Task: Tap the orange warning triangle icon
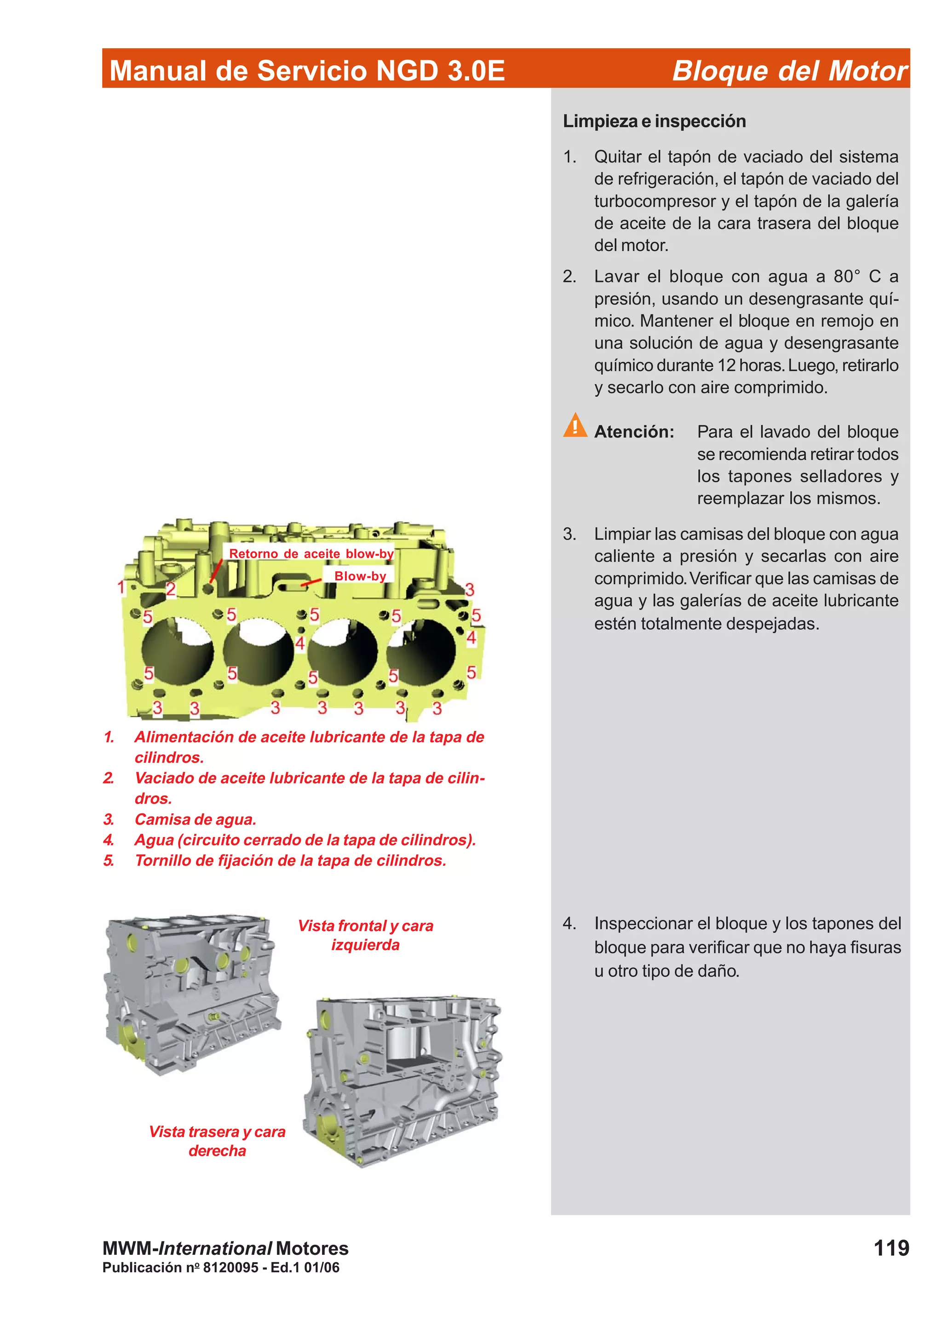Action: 574,425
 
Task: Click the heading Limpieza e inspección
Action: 654,121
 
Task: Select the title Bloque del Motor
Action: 789,71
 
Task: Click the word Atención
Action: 634,432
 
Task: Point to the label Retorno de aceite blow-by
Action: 311,553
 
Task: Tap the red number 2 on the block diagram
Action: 171,589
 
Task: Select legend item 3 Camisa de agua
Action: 195,819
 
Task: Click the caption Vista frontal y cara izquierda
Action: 366,935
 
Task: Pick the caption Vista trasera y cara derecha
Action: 217,1141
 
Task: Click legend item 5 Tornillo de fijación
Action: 290,861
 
